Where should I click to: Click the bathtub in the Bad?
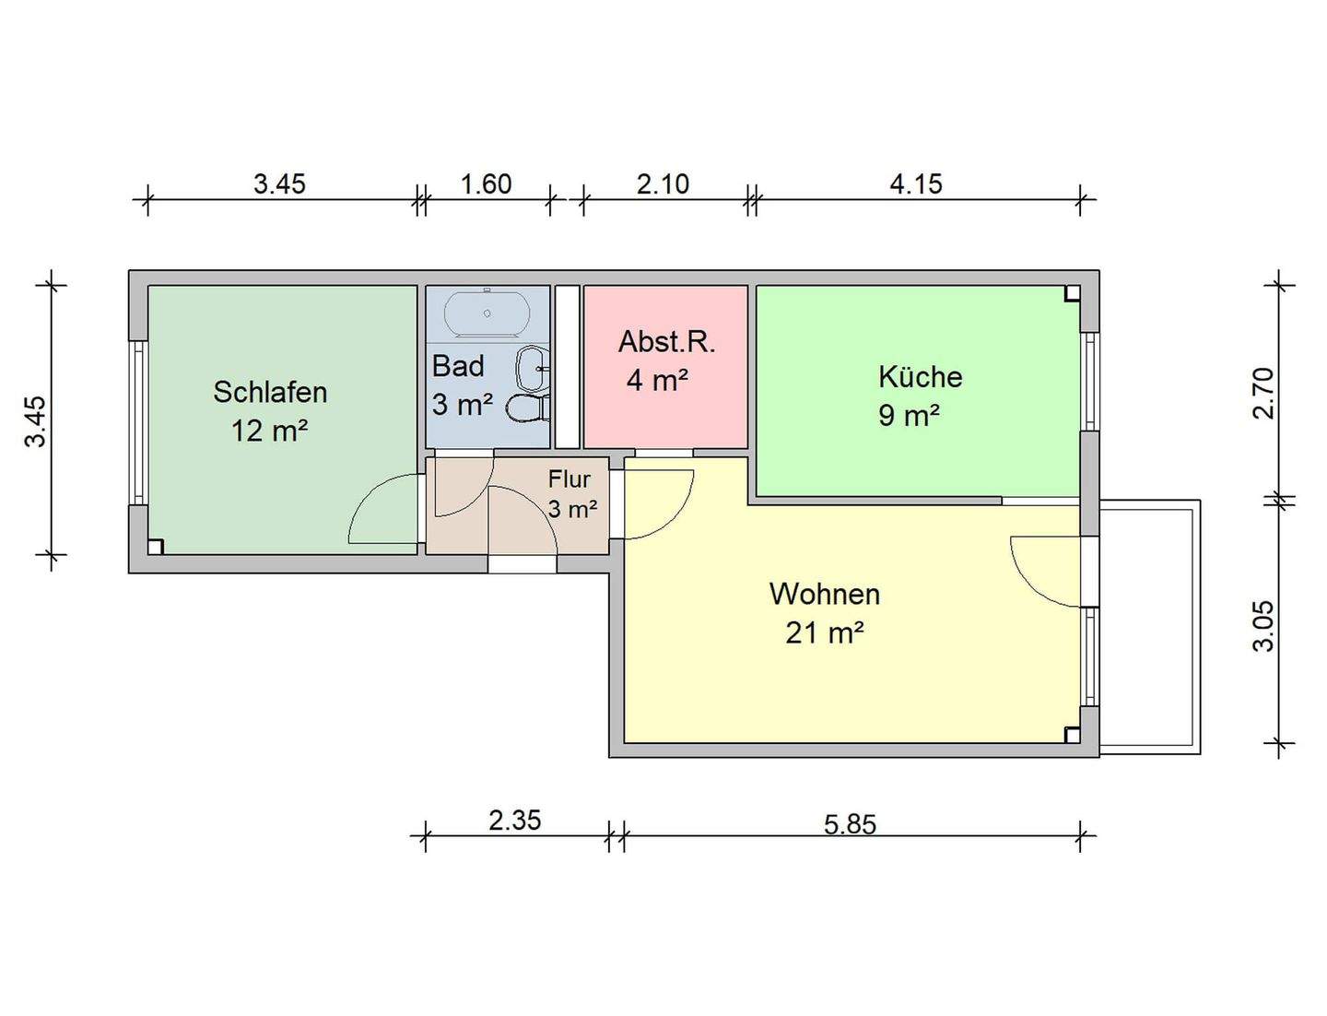point(487,313)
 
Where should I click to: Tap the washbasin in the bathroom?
point(532,369)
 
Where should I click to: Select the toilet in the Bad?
point(529,408)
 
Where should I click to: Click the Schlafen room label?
point(270,392)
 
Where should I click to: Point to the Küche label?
point(920,377)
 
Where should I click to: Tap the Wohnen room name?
point(824,594)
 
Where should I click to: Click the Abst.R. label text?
point(666,342)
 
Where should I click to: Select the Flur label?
point(569,479)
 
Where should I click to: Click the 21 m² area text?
point(824,633)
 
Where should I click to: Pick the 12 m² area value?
point(269,431)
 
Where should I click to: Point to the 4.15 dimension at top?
point(915,184)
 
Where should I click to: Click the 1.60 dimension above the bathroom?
point(486,184)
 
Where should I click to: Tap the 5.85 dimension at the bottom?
point(850,823)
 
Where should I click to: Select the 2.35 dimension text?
point(514,820)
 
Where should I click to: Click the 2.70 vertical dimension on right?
point(1263,393)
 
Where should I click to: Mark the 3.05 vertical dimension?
point(1263,626)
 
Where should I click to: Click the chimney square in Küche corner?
point(1072,294)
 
